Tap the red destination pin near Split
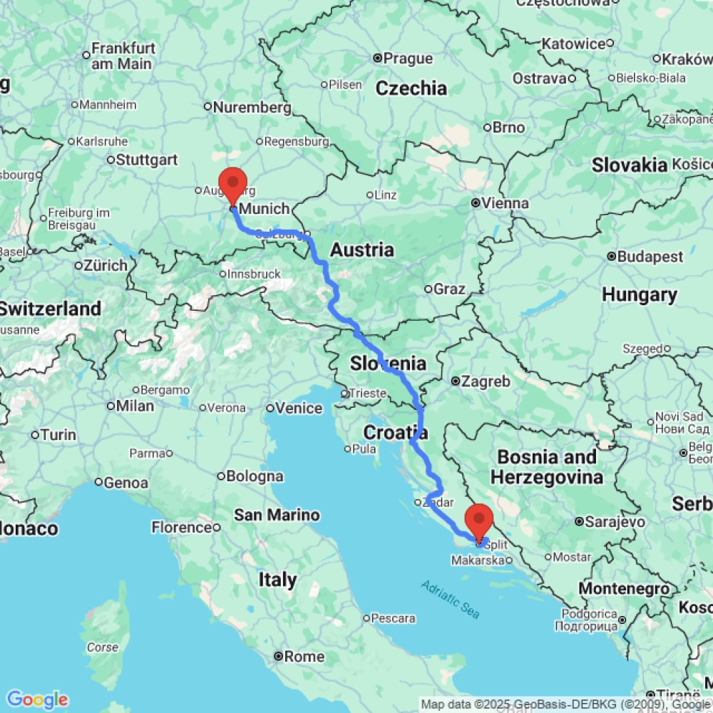pyautogui.click(x=478, y=520)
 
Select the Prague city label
pyautogui.click(x=408, y=58)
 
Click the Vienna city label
pyautogui.click(x=505, y=204)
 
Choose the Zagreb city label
pyautogui.click(x=486, y=381)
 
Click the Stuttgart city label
pyautogui.click(x=147, y=160)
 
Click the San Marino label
pyautogui.click(x=277, y=515)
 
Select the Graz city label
pyautogui.click(x=449, y=289)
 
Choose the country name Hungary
pyautogui.click(x=639, y=294)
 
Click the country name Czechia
pyautogui.click(x=411, y=88)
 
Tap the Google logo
pyautogui.click(x=36, y=699)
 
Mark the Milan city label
pyautogui.click(x=135, y=406)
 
